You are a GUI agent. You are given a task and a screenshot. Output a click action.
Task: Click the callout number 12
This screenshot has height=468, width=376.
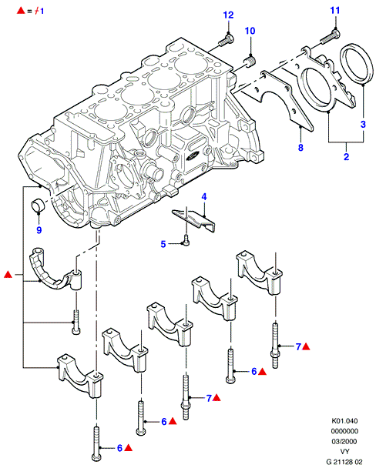pos(229,15)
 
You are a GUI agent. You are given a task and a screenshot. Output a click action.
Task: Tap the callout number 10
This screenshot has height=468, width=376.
pos(250,31)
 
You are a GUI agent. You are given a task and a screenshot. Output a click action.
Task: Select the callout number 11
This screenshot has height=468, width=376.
pos(335,11)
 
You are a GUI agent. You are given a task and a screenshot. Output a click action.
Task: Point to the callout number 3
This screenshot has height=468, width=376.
pos(363,124)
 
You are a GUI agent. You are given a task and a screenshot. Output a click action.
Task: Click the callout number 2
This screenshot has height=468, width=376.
pos(347,156)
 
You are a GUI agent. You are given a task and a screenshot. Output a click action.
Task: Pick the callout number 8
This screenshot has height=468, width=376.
pos(300,148)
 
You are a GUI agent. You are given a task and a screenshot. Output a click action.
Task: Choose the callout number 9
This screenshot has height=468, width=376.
pos(39,230)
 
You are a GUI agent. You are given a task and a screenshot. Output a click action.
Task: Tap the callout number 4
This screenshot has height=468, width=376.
pos(204,197)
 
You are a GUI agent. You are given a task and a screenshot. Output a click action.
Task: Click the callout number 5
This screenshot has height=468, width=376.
pos(163,244)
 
